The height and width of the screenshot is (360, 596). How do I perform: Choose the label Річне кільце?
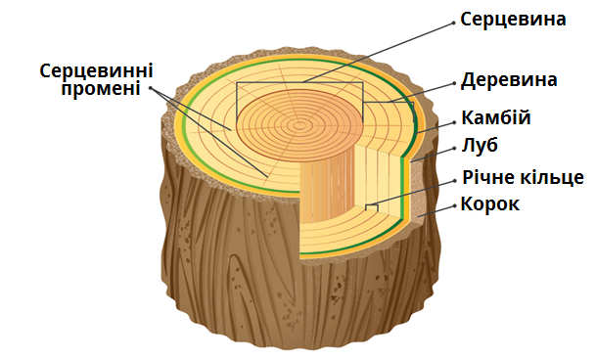click(523, 177)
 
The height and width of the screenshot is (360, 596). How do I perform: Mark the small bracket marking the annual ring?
click(372, 206)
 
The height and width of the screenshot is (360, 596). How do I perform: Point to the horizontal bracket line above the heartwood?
click(298, 82)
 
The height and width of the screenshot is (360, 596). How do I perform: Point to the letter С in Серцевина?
click(467, 19)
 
